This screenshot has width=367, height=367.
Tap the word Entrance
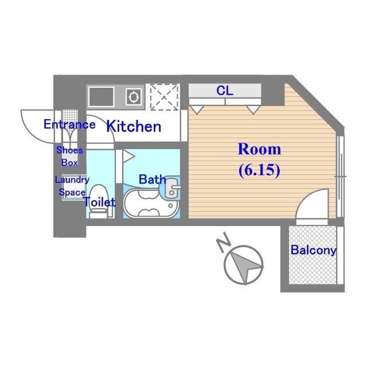coord(69,124)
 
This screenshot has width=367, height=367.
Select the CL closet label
coord(224,91)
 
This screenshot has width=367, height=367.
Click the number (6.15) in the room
coord(259,170)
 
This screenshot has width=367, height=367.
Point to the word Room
coord(259,150)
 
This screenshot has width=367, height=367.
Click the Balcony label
coord(313,251)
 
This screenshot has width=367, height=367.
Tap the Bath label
coord(152,179)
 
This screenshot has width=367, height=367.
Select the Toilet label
coord(100,202)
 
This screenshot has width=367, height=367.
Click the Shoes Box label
coord(69,156)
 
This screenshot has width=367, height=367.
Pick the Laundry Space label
coord(71,186)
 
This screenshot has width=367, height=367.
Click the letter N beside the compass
coord(224,245)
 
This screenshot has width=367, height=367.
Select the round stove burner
coord(134,96)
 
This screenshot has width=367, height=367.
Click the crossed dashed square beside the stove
coord(163,96)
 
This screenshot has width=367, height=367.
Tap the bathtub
coord(146,205)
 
